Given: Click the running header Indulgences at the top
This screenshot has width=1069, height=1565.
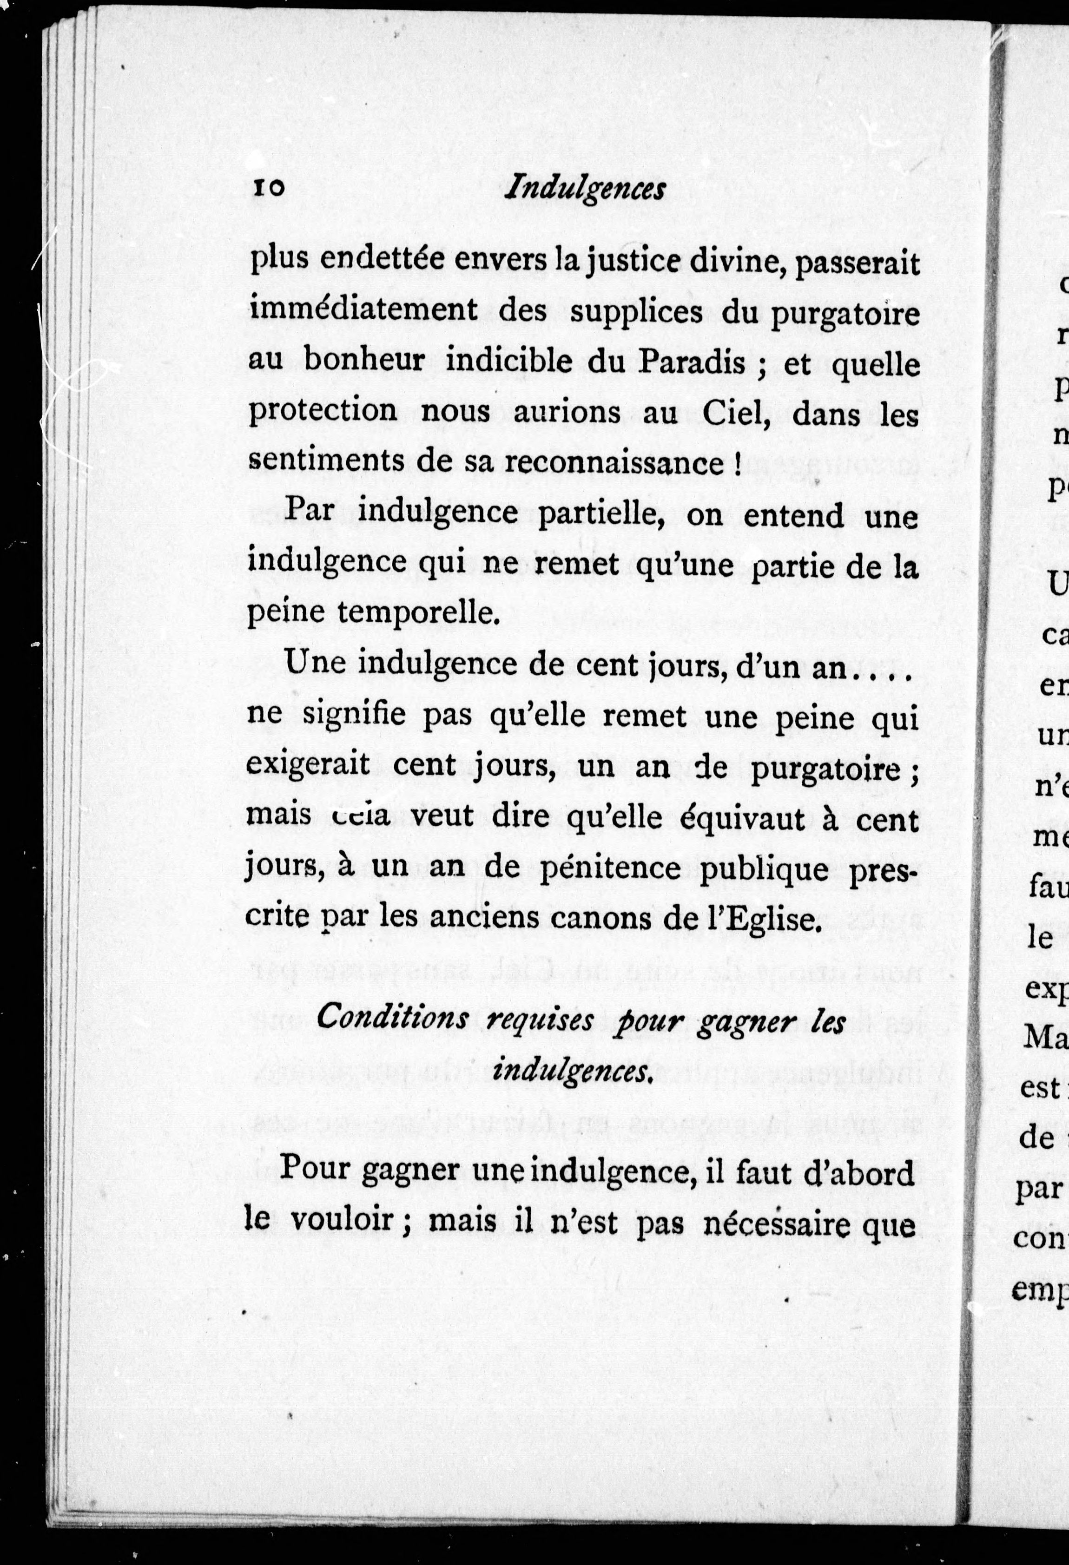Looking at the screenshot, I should (585, 189).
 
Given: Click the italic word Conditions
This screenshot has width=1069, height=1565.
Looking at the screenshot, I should (393, 1018).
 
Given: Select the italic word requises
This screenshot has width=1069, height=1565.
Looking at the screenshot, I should (540, 1021).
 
